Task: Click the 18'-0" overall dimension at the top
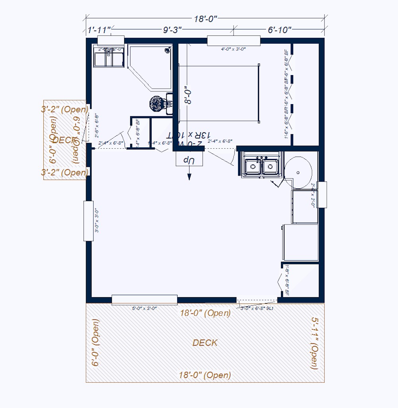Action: (x=206, y=19)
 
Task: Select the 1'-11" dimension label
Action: (x=98, y=29)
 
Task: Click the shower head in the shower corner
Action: (x=168, y=50)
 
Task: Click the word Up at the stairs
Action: (x=189, y=160)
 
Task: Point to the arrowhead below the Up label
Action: (x=189, y=177)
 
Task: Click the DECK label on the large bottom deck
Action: (x=205, y=342)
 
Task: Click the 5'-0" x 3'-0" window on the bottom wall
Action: (x=144, y=300)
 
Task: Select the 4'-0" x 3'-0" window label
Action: (x=234, y=49)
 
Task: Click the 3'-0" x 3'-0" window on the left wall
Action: (x=88, y=221)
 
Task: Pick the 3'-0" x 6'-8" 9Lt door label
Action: (x=257, y=308)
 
